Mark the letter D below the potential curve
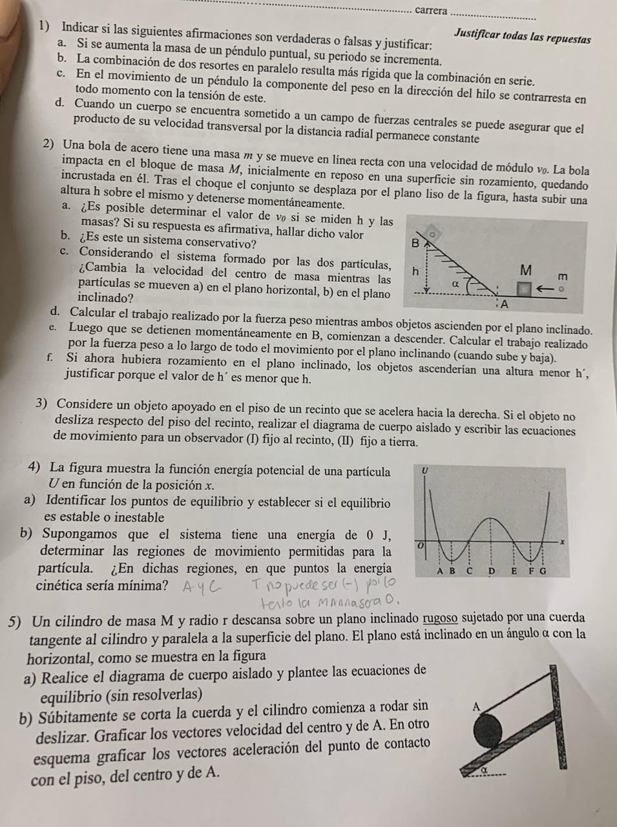tap(492, 571)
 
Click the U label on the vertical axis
tap(424, 471)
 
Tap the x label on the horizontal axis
tap(562, 541)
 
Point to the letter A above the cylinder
tap(476, 707)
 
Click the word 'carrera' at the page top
tap(431, 10)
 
